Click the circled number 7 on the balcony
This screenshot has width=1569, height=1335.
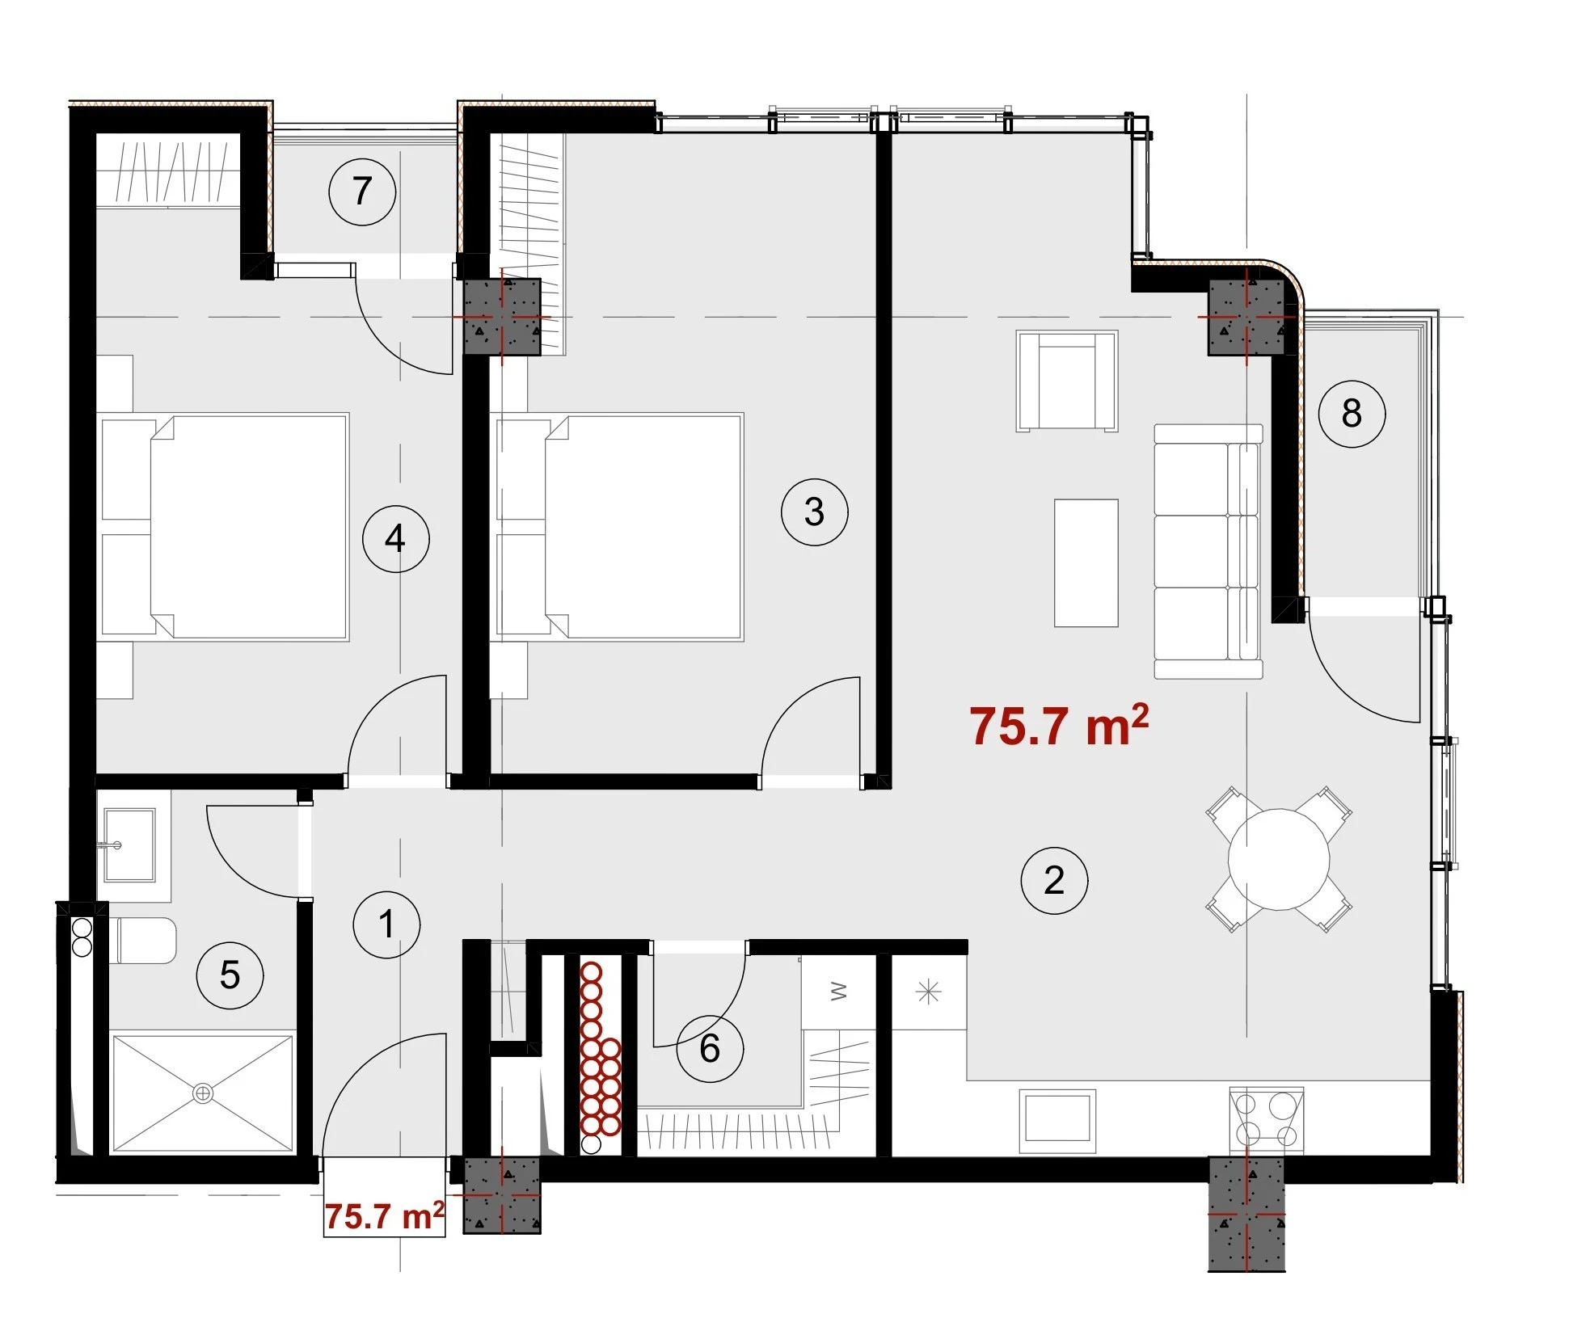362,192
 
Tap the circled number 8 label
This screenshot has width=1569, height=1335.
1352,414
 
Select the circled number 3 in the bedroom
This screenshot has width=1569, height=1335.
814,512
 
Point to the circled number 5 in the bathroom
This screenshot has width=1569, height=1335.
230,975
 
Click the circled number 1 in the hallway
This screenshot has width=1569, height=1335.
386,924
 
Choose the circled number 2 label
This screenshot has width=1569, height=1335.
1054,880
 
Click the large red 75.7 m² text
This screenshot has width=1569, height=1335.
1059,725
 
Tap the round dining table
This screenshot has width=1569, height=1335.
1279,859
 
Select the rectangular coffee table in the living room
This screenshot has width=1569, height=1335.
1086,562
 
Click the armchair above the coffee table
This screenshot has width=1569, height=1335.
1067,381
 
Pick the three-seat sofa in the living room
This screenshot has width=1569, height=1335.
1208,551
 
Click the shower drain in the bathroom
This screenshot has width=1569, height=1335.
203,1093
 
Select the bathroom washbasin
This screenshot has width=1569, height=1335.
129,845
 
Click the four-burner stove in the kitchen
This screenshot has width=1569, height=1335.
1266,1120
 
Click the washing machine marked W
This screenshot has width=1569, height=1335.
839,992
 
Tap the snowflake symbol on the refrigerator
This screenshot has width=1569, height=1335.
929,992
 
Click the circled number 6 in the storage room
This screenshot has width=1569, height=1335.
710,1049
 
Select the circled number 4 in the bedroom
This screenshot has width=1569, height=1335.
395,538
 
